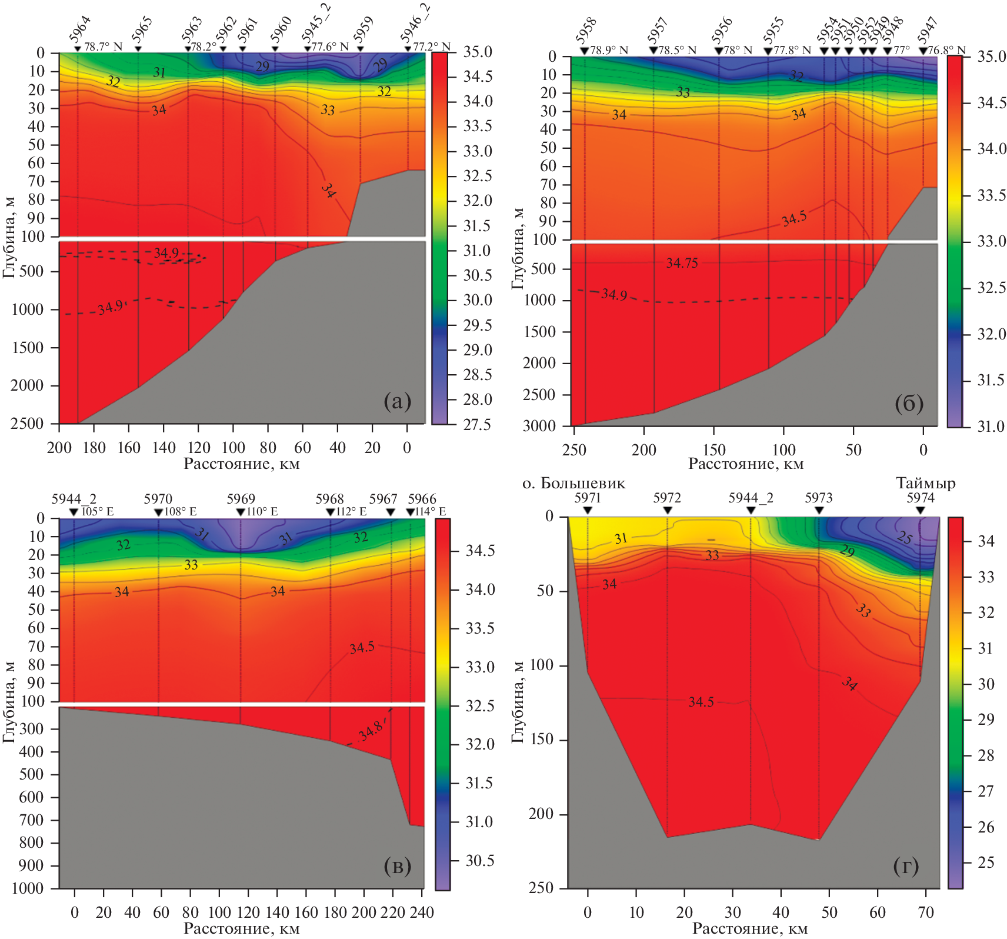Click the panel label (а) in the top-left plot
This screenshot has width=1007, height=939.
397,401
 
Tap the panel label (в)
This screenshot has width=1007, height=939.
397,865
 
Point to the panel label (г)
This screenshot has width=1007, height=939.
906,865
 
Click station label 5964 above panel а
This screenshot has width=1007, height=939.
80,29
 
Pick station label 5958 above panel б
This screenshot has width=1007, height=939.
586,31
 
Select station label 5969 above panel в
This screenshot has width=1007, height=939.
241,500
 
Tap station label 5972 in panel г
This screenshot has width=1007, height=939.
667,498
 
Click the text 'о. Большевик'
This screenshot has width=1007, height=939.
574,484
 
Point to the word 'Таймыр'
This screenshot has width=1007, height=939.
925,484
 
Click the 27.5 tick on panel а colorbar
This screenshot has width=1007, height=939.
477,424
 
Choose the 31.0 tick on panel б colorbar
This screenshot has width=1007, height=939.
991,426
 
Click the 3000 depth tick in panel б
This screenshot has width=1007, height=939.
539,426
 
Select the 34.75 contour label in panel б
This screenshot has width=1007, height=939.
682,263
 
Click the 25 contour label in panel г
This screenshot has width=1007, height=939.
905,537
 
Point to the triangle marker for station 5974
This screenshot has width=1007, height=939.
921,510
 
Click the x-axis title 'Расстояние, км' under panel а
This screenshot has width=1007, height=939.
242,464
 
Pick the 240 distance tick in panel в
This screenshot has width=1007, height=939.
422,913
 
